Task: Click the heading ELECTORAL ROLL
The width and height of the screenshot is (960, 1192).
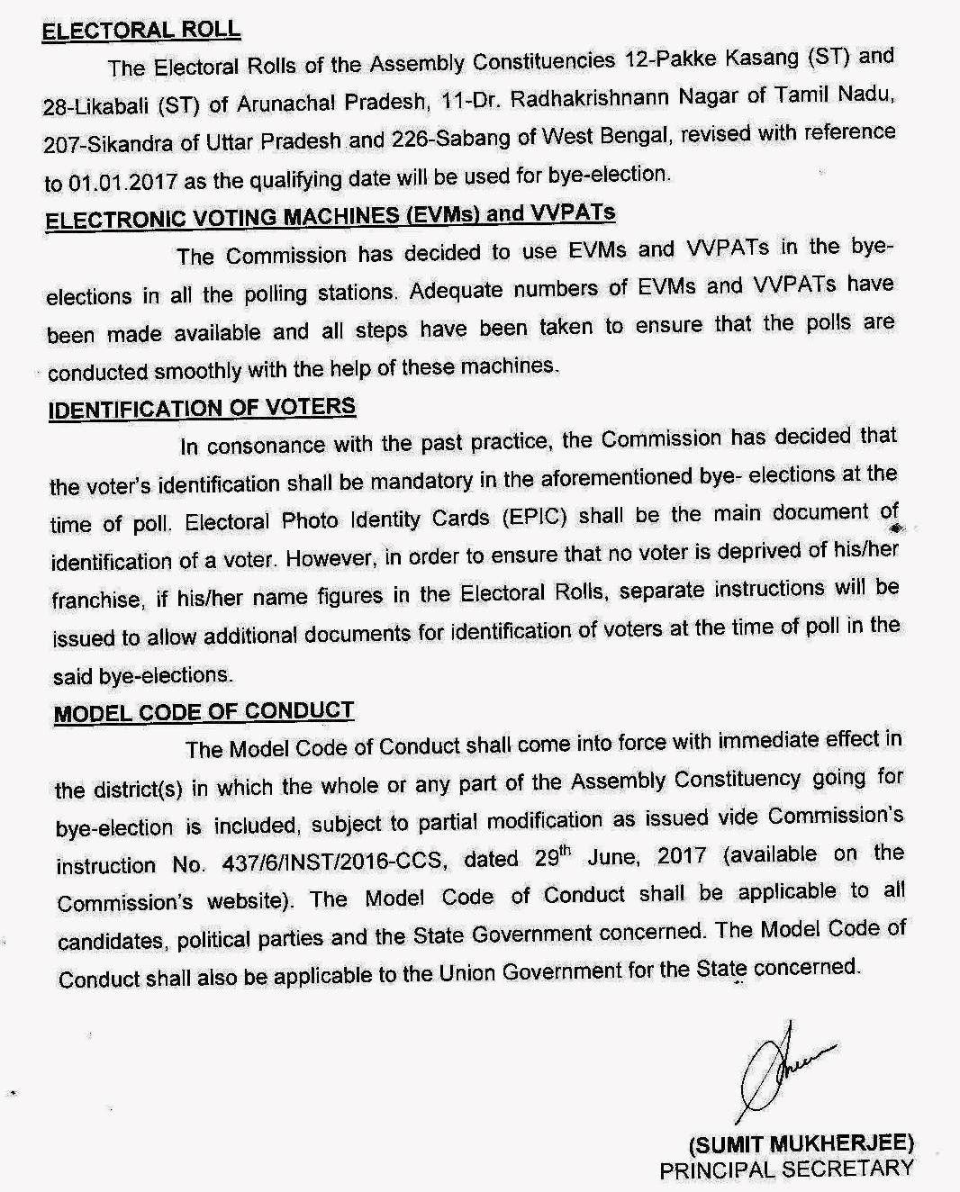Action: click(141, 30)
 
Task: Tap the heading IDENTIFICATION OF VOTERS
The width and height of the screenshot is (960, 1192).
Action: click(202, 408)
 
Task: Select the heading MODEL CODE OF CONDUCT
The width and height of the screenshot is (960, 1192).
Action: click(204, 712)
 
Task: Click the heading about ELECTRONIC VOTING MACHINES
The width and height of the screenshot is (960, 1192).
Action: click(331, 217)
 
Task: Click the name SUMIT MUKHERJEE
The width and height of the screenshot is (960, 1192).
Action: click(802, 1144)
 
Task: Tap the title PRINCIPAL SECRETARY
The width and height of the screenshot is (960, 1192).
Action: click(786, 1169)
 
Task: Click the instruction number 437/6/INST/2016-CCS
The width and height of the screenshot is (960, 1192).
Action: click(333, 862)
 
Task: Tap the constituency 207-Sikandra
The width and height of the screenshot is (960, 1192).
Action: click(100, 144)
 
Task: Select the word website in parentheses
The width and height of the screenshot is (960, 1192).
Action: click(267, 902)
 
